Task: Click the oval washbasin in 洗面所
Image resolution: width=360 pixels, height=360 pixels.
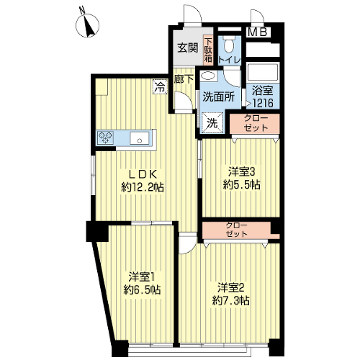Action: [x=207, y=76]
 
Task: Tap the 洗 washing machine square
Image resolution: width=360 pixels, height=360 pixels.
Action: [x=212, y=123]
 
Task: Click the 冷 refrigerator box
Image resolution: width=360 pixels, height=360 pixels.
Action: [x=161, y=86]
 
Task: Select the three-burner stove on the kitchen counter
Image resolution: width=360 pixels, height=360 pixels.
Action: [x=106, y=138]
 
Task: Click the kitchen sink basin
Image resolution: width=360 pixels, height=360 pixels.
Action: [x=140, y=138]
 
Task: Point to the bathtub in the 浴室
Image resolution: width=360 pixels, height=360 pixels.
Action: [x=263, y=71]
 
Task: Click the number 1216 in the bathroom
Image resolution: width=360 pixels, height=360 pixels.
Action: [x=263, y=104]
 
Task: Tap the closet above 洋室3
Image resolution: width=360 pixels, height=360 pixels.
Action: [x=255, y=124]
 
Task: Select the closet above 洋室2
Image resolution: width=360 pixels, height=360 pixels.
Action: [x=236, y=230]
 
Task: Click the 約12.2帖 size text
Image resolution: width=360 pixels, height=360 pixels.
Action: [x=143, y=187]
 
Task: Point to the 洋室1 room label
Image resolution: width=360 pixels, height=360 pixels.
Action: [x=141, y=277]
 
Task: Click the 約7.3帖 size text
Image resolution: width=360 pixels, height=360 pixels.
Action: [x=230, y=300]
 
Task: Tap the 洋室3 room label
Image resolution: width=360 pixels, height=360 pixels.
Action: [x=241, y=172]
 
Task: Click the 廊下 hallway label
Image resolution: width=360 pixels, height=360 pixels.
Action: [x=184, y=79]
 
